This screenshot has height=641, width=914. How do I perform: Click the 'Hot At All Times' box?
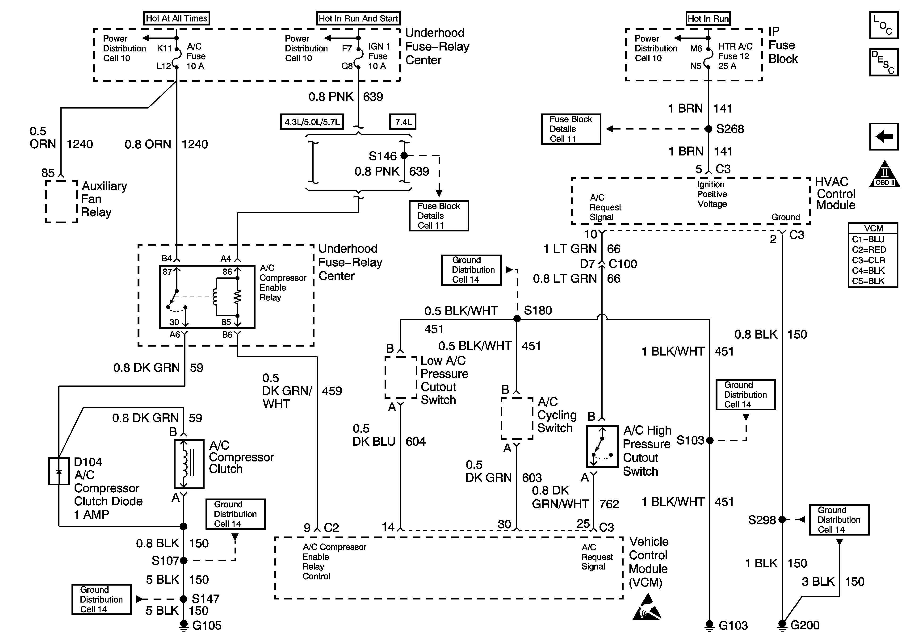(176, 18)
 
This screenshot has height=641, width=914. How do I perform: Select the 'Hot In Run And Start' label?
(358, 18)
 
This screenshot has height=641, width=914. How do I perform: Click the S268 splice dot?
(709, 129)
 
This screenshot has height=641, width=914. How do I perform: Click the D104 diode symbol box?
(59, 471)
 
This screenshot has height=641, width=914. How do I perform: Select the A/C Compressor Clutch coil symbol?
(189, 464)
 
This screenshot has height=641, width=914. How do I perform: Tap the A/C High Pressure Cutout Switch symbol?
(602, 446)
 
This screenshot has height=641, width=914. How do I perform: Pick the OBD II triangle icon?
(885, 174)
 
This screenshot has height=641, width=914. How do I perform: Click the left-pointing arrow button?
(884, 137)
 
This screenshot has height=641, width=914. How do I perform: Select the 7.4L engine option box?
(402, 122)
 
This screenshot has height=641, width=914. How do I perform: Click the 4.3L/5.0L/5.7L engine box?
(312, 122)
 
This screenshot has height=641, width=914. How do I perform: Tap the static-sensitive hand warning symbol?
(646, 607)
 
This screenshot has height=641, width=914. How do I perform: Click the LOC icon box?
(884, 25)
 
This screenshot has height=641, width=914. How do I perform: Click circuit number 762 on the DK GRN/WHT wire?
(609, 504)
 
